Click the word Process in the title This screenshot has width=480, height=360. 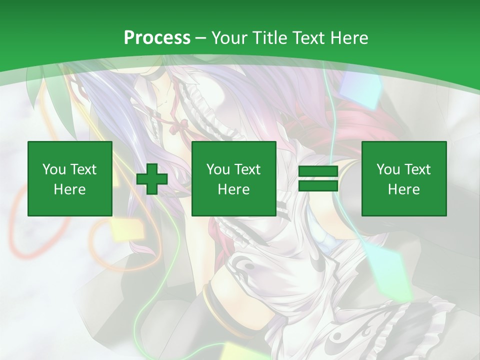coord(157,38)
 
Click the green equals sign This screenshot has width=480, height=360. coord(318,179)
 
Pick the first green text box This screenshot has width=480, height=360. coord(70,179)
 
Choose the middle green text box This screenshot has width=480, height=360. coord(234,179)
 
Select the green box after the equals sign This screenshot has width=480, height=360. coord(404,179)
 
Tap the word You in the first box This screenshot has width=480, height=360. coord(54,169)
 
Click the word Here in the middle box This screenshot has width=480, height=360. coord(234,189)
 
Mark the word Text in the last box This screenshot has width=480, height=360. coord(417,169)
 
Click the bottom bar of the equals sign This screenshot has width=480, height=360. coord(318,186)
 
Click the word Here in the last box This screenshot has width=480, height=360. coord(404,189)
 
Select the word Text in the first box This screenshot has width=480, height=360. coord(83,169)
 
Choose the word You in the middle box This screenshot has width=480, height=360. coord(218,169)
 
